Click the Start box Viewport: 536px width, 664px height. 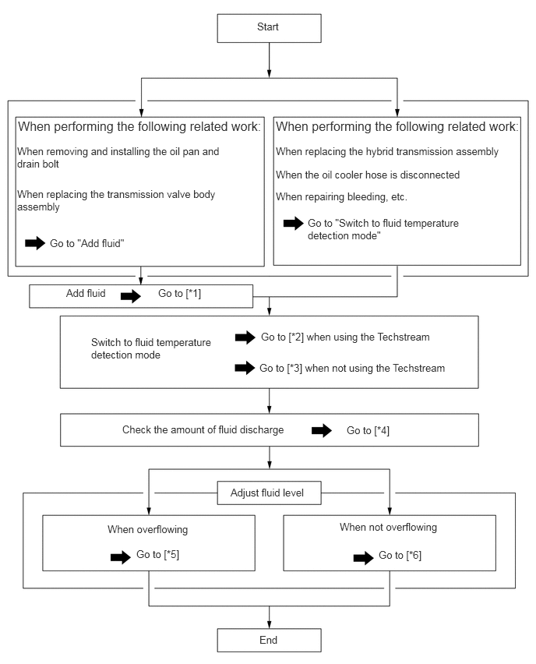pos(269,28)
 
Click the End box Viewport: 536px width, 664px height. pos(269,640)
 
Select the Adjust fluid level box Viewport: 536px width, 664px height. pos(269,493)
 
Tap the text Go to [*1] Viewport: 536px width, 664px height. pos(179,294)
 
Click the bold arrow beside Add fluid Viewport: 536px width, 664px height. pos(130,296)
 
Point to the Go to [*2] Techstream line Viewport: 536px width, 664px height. pos(345,337)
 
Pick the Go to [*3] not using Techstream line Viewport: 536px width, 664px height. pos(352,368)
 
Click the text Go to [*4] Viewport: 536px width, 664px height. pos(368,431)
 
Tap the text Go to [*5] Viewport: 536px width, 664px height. pos(157,555)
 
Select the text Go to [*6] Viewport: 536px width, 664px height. pos(400,556)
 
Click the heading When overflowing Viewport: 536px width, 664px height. pos(147,529)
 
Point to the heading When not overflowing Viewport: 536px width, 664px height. pos(388,527)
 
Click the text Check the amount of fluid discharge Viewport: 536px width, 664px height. pos(203,430)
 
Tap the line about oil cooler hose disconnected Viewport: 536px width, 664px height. pos(368,175)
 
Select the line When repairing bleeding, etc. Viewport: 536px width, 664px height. pos(341,197)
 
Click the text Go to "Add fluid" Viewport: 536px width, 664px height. pos(86,243)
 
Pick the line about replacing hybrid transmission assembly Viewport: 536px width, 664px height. pos(387,152)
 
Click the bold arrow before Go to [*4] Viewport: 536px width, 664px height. pos(322,431)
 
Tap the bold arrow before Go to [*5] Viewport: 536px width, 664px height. pos(121,557)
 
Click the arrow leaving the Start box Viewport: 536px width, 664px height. pos(269,60)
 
